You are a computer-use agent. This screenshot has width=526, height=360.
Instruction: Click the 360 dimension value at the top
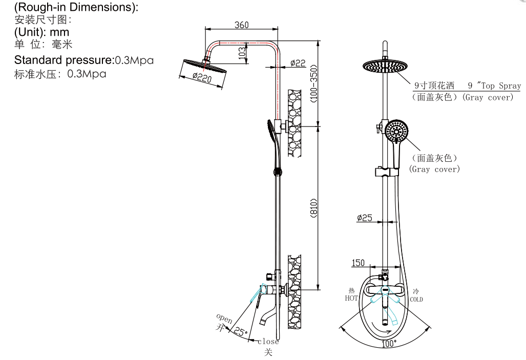click(x=242, y=25)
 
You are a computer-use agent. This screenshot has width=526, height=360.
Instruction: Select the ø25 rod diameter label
click(x=364, y=218)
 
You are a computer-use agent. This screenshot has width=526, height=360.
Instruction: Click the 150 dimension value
click(x=358, y=263)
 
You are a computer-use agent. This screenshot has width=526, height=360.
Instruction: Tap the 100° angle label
click(x=389, y=344)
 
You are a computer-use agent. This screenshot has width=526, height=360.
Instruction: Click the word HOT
click(x=351, y=298)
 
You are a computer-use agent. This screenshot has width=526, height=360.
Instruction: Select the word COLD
click(x=416, y=300)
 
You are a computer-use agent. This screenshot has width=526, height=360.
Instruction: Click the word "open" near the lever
click(x=224, y=319)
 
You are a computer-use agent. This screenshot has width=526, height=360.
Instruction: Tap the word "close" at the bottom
click(x=268, y=342)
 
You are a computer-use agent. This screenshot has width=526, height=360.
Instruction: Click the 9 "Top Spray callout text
click(x=494, y=86)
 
